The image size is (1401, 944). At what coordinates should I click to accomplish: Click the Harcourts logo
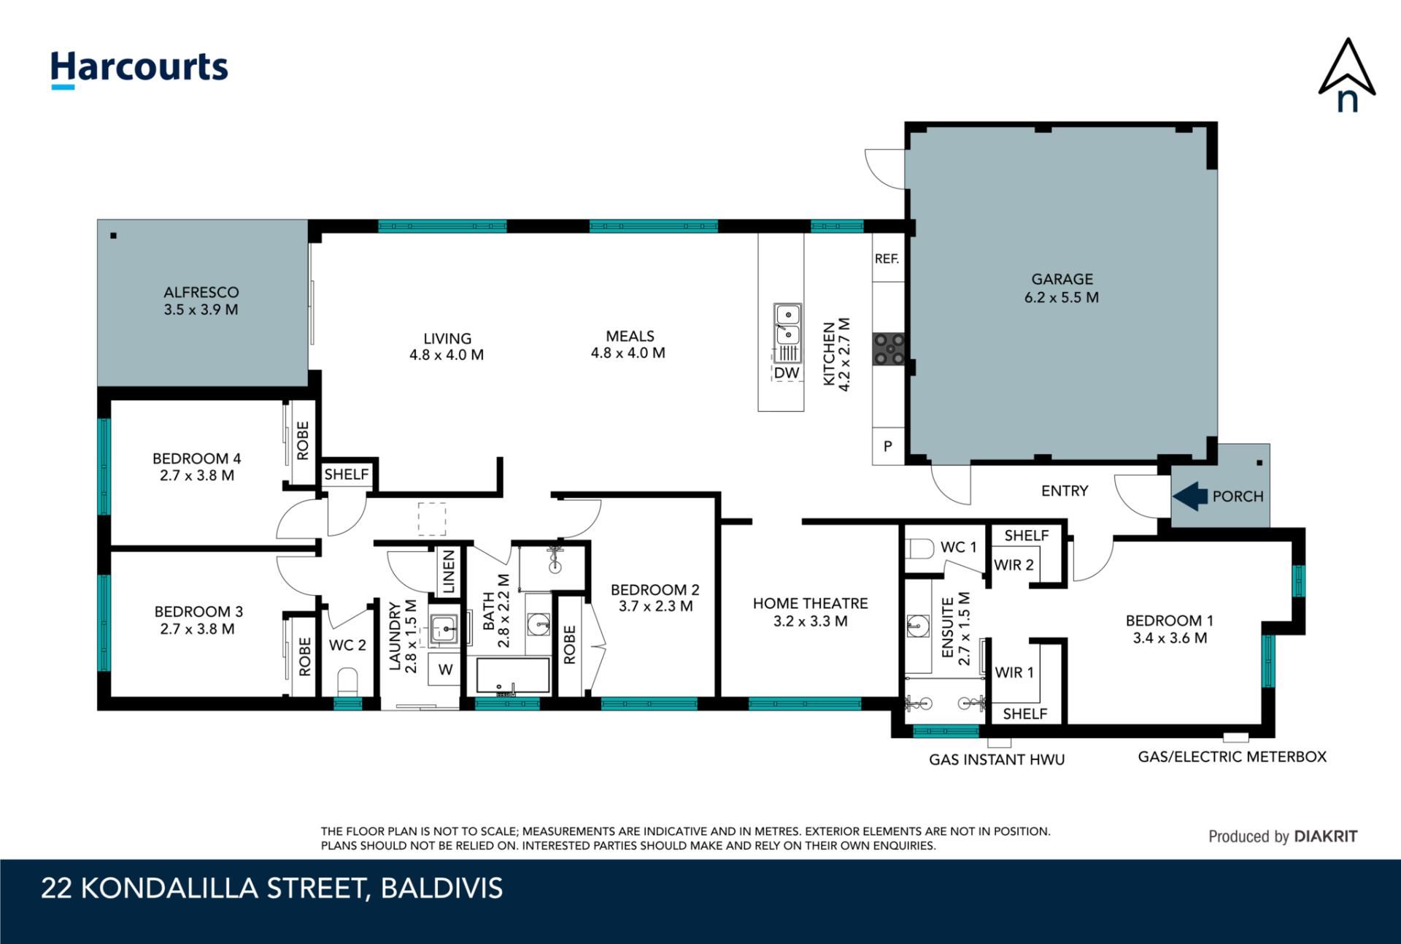(139, 69)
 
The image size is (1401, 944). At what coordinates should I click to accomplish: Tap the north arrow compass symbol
(1347, 75)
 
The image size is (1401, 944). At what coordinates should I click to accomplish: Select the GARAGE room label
(1062, 279)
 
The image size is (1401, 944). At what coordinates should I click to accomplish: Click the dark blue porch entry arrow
(1190, 496)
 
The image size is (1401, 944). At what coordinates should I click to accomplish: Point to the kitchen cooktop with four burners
(889, 348)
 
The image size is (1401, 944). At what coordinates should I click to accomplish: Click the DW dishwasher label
(787, 373)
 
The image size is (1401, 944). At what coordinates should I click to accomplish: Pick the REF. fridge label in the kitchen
(887, 258)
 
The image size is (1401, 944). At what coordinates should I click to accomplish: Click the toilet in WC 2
(348, 682)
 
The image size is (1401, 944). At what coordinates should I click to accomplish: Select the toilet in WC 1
(919, 548)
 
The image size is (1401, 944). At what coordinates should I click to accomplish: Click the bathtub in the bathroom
(513, 676)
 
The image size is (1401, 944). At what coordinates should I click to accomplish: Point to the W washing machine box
(445, 669)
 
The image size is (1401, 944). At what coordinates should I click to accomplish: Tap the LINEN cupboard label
(449, 572)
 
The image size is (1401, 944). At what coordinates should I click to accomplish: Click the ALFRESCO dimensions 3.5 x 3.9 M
(201, 310)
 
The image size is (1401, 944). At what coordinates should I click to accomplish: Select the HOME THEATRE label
(811, 604)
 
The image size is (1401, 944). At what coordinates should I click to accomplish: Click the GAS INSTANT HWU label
(997, 759)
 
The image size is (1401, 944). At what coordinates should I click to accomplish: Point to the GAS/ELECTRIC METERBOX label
(1232, 756)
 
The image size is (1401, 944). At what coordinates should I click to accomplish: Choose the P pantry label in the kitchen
(888, 446)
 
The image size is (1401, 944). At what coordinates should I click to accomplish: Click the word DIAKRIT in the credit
(1326, 837)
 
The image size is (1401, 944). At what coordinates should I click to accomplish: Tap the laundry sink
(444, 628)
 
